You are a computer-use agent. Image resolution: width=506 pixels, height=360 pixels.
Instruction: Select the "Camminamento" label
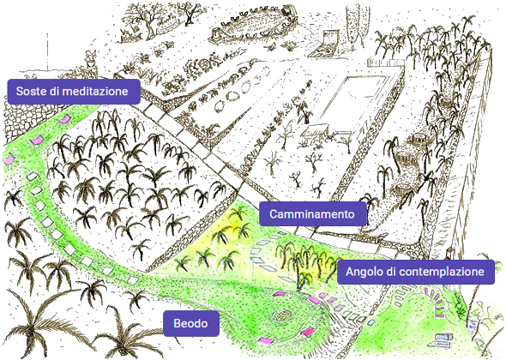pyautogui.click(x=313, y=214)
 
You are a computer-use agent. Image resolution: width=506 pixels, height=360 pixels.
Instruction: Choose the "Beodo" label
pyautogui.click(x=190, y=323)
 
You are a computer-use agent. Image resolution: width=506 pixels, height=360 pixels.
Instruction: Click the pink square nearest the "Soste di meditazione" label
pyautogui.click(x=64, y=118)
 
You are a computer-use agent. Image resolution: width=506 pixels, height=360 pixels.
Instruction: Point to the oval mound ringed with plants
pyautogui.click(x=251, y=23)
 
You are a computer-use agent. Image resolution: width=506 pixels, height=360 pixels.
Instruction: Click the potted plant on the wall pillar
pyautogui.click(x=90, y=57)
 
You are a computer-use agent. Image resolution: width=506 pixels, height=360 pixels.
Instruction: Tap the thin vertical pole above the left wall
pyautogui.click(x=48, y=51)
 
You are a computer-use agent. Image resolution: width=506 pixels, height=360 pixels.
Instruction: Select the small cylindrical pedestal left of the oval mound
pyautogui.click(x=216, y=33)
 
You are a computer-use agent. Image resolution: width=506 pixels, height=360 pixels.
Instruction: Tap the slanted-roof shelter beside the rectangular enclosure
pyautogui.click(x=314, y=132)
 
